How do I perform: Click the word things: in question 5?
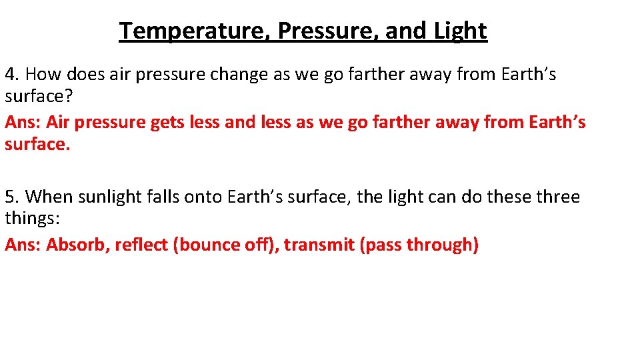point(33,218)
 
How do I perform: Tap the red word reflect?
point(141,245)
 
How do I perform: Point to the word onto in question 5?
point(204,197)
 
